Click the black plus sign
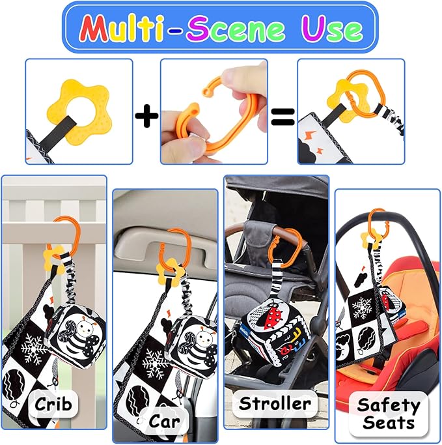146,117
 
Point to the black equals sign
283,117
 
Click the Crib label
53,403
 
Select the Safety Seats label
388,414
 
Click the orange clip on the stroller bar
289,244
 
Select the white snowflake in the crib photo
33,348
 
